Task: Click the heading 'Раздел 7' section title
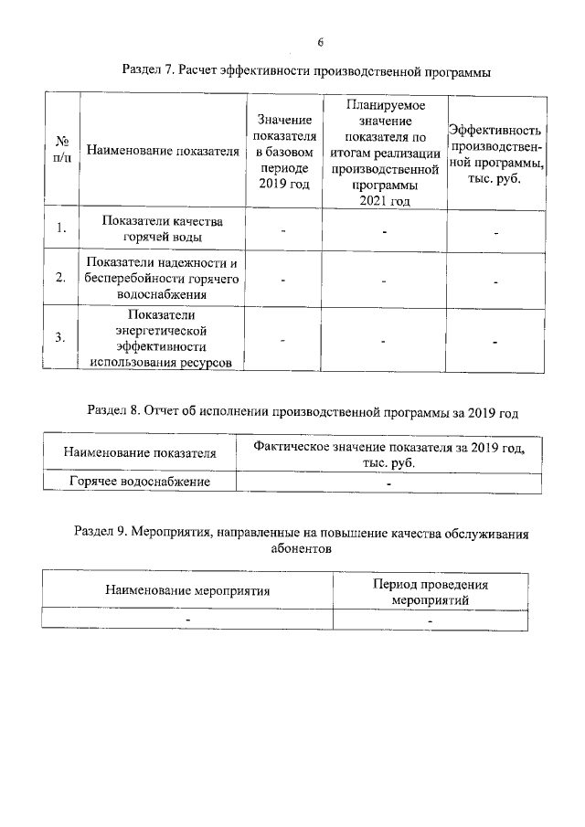(x=307, y=70)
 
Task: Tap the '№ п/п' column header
(x=63, y=151)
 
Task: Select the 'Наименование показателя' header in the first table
(x=165, y=151)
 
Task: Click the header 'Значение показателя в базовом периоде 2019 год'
(x=283, y=152)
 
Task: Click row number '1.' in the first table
(x=61, y=229)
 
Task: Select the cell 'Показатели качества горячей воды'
(x=165, y=229)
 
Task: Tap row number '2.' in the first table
(x=61, y=280)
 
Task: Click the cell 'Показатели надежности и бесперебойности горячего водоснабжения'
(x=165, y=280)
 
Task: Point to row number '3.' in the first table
(x=61, y=338)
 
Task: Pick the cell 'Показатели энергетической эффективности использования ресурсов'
(x=165, y=338)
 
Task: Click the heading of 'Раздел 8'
(x=303, y=412)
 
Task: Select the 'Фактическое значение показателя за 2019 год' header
(x=388, y=455)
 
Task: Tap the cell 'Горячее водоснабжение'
(x=140, y=482)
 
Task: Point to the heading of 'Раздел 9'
(x=301, y=542)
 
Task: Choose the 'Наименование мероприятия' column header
(x=187, y=590)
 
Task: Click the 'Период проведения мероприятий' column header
(x=430, y=592)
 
